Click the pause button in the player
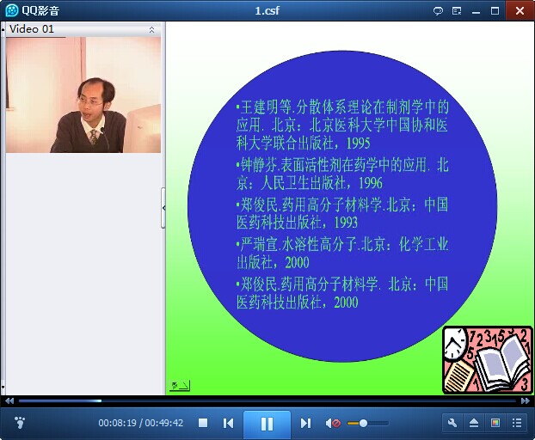pyautogui.click(x=267, y=424)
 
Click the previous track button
pyautogui.click(x=228, y=424)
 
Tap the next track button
pyautogui.click(x=305, y=424)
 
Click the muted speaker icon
pyautogui.click(x=333, y=424)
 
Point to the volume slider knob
pyautogui.click(x=363, y=424)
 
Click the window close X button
pyautogui.click(x=520, y=10)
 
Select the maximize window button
pyautogui.click(x=495, y=11)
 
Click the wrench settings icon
pyautogui.click(x=452, y=423)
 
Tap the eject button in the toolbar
pyautogui.click(x=474, y=423)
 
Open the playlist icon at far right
pyautogui.click(x=517, y=423)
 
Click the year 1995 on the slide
pyautogui.click(x=359, y=144)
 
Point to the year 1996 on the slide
pyautogui.click(x=371, y=183)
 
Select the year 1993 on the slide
pyautogui.click(x=346, y=223)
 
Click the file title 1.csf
pyautogui.click(x=267, y=10)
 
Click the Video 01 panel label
pyautogui.click(x=32, y=29)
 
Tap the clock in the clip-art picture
pyautogui.click(x=454, y=344)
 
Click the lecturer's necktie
pyautogui.click(x=93, y=137)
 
